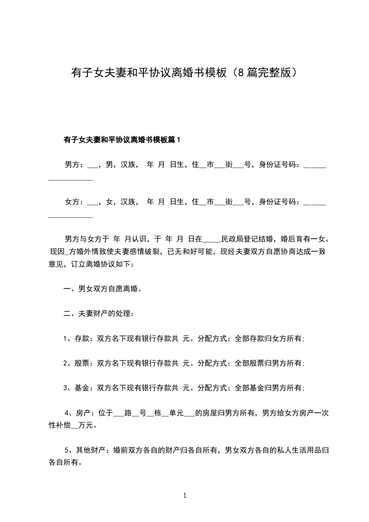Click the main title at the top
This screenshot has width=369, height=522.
pyautogui.click(x=184, y=73)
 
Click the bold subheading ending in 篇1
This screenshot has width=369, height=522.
pyautogui.click(x=121, y=139)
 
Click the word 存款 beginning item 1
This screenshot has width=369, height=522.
pyautogui.click(x=82, y=339)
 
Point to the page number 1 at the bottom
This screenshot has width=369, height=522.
pyautogui.click(x=185, y=495)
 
